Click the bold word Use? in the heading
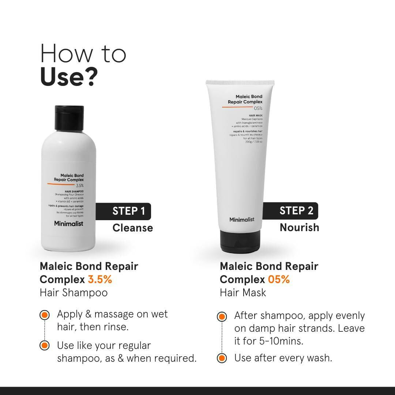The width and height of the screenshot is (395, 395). click(x=69, y=77)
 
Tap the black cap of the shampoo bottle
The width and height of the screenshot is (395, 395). click(x=69, y=114)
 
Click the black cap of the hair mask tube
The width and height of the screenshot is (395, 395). click(x=240, y=242)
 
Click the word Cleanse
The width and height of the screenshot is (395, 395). click(x=132, y=228)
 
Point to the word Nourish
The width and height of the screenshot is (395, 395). click(x=299, y=227)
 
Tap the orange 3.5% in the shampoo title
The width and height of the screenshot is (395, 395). click(x=100, y=279)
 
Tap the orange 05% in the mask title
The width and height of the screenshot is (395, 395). click(x=279, y=279)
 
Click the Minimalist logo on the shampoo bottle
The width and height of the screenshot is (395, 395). click(x=69, y=223)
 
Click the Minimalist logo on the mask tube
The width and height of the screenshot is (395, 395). click(x=242, y=219)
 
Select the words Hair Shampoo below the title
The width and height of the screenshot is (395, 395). click(x=74, y=293)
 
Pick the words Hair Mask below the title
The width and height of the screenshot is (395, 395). click(x=243, y=293)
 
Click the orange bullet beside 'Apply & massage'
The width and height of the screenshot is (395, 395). click(x=44, y=315)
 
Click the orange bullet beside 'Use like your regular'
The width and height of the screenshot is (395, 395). click(x=44, y=345)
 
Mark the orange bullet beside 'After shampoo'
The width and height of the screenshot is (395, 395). click(x=221, y=316)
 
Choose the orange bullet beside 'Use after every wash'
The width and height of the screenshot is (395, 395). click(x=221, y=358)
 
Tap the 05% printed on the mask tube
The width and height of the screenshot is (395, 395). click(x=258, y=108)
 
